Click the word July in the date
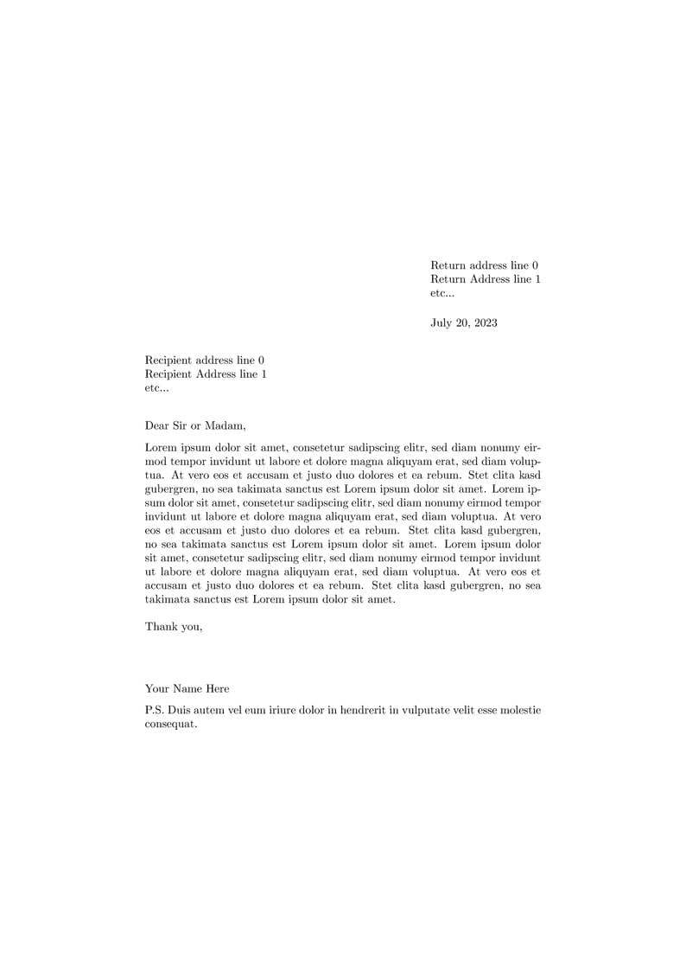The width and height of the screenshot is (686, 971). coord(442,323)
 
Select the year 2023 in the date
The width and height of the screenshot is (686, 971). coord(484,323)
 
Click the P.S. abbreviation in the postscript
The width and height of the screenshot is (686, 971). coord(155,710)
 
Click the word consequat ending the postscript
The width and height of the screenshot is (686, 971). coord(171,725)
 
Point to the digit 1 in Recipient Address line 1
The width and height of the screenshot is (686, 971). coord(264,374)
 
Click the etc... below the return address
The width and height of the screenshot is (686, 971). coord(442,293)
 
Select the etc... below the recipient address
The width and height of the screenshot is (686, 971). coord(157,388)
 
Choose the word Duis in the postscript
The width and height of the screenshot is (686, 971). coord(180,710)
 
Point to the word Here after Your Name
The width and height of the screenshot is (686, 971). coord(217,688)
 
